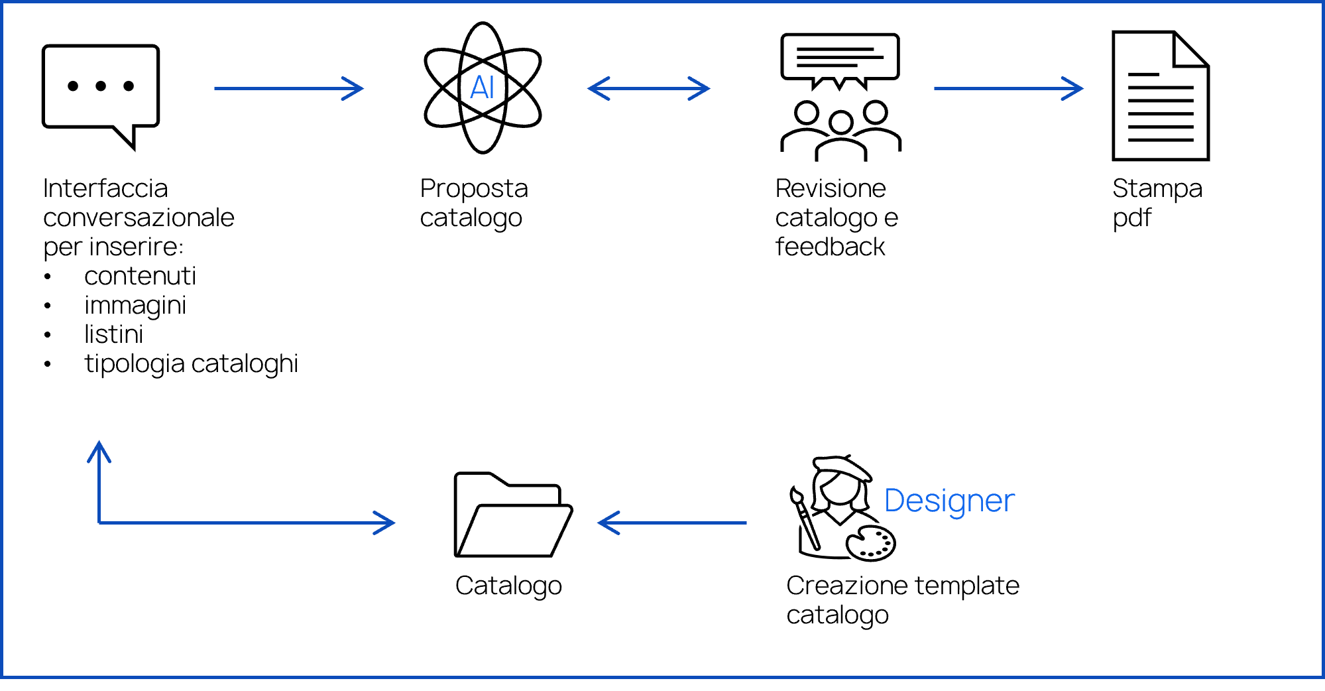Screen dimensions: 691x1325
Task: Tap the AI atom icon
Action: tap(483, 88)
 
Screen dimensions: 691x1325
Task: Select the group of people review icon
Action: tap(840, 97)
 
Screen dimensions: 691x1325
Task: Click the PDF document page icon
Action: tap(1161, 96)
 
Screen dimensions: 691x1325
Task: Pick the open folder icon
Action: tap(513, 515)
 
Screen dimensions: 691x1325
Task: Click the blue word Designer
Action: tap(949, 501)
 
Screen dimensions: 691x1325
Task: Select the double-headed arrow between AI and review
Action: tap(649, 88)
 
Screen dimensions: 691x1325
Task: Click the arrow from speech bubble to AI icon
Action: tap(289, 88)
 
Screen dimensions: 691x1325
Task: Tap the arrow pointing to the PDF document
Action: tap(1008, 88)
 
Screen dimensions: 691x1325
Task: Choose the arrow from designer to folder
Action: tap(672, 523)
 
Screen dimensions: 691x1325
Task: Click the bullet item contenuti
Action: tap(140, 276)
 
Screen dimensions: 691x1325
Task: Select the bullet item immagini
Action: tap(135, 305)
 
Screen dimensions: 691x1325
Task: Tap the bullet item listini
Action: tap(113, 334)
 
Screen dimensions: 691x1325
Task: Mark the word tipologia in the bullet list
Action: tap(135, 364)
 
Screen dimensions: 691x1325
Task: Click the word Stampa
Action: tap(1157, 188)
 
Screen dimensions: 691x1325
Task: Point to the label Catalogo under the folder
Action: tap(508, 586)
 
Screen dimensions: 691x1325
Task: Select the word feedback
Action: tap(830, 247)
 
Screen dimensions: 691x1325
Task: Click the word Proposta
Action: tap(474, 188)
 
